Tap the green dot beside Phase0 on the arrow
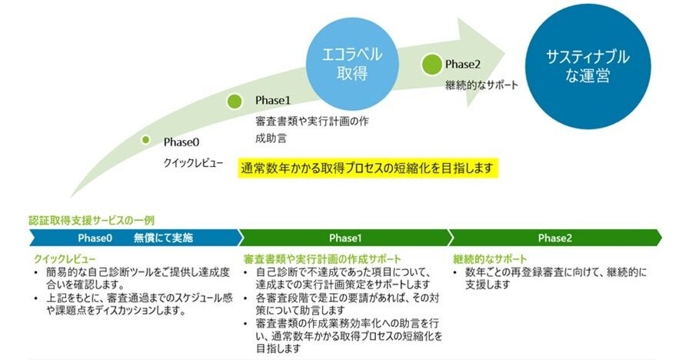145,139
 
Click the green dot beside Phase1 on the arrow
236,100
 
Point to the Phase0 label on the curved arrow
181,142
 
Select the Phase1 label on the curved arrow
273,101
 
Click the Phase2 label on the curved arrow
463,64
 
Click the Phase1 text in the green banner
345,238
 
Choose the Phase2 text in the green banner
554,238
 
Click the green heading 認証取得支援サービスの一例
91,220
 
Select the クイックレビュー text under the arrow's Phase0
193,163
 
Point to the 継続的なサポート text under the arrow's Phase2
481,84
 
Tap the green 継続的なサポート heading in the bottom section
491,258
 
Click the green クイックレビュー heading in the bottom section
65,258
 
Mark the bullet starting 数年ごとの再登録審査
555,278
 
